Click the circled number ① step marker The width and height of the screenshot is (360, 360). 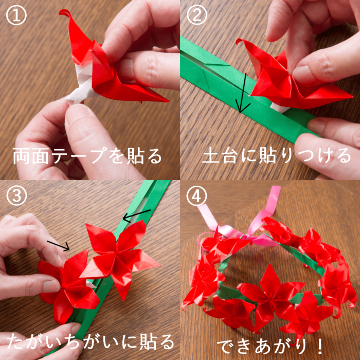click(16, 15)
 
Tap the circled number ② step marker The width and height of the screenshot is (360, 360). click(196, 15)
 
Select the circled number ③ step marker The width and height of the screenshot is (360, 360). click(16, 196)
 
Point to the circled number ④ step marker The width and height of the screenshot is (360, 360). click(196, 196)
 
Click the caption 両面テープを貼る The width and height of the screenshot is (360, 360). click(87, 156)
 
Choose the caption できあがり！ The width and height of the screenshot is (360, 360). click(270, 346)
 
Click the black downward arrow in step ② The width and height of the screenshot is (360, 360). click(243, 93)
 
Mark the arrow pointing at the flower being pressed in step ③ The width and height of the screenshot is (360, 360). click(58, 246)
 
